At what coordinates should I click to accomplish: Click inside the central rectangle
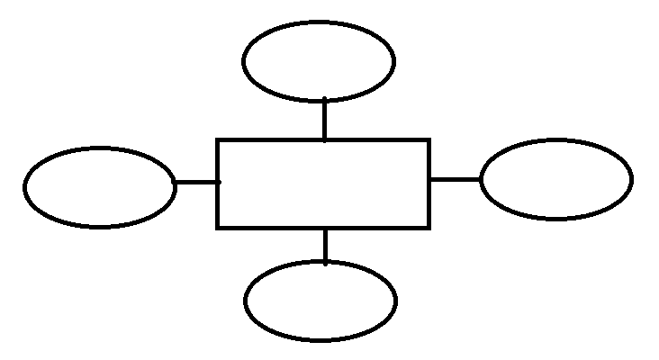[x=323, y=184]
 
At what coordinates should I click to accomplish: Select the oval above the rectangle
[x=319, y=61]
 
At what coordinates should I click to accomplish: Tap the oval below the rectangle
[x=320, y=301]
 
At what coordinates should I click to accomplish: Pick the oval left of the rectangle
[x=100, y=187]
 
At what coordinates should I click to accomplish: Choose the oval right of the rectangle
[x=556, y=178]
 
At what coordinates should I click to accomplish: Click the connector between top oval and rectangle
[x=324, y=119]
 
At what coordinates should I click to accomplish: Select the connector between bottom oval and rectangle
[x=325, y=245]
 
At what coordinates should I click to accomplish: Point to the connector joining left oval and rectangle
[x=196, y=183]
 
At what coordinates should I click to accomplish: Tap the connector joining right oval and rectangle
[x=455, y=179]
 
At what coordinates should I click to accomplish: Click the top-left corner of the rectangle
[x=219, y=141]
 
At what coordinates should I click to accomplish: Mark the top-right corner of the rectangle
[x=428, y=141]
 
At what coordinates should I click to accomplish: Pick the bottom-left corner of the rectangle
[x=219, y=227]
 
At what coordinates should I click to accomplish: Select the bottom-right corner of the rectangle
[x=428, y=227]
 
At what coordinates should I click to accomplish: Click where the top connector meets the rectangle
[x=324, y=140]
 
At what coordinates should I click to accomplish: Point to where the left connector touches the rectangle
[x=218, y=183]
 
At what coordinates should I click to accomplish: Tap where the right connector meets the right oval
[x=482, y=179]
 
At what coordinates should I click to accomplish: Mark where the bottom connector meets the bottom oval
[x=325, y=262]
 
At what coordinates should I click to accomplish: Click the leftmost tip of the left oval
[x=25, y=188]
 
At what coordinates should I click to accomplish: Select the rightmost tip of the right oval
[x=630, y=178]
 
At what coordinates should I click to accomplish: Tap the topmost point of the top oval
[x=319, y=22]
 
